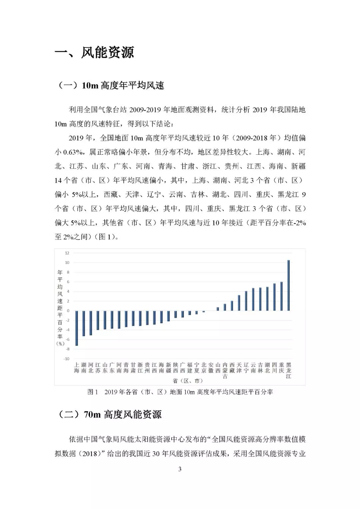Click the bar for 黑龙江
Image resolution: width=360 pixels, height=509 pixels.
point(289,286)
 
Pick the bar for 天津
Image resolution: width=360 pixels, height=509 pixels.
point(239,303)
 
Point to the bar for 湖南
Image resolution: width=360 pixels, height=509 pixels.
point(84,323)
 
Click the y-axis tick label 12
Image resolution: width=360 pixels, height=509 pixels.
point(67,253)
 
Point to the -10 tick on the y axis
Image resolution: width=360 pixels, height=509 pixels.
point(67,359)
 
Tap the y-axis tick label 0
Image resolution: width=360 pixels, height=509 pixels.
point(68,311)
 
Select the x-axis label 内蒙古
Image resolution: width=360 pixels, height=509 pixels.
point(225,371)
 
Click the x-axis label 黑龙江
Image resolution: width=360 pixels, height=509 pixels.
point(289,371)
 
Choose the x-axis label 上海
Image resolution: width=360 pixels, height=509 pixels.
point(77,368)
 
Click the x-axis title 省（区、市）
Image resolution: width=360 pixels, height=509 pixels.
point(188,381)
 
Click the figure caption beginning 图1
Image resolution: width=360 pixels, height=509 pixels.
point(180,392)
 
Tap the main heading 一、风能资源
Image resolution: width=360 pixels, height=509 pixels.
point(94,53)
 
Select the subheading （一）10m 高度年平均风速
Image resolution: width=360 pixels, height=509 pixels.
point(111,86)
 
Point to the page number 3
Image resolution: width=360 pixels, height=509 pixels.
point(180,469)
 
